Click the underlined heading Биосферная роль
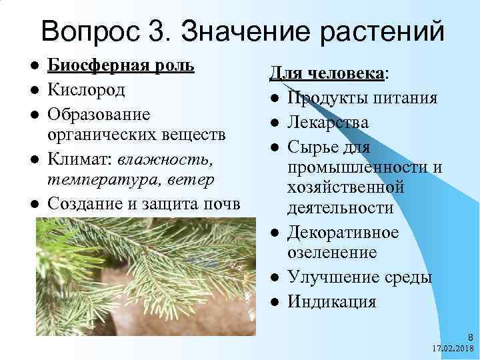tap(123, 67)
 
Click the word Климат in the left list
tap(81, 158)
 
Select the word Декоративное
tap(343, 233)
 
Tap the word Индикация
tap(331, 301)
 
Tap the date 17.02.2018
tap(452, 349)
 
